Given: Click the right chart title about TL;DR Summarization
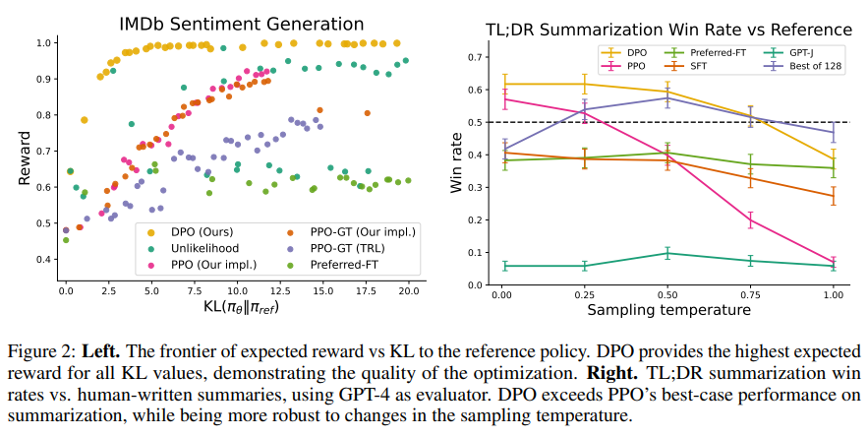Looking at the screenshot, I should (x=669, y=30).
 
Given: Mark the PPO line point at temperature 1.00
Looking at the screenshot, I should (x=834, y=262).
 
